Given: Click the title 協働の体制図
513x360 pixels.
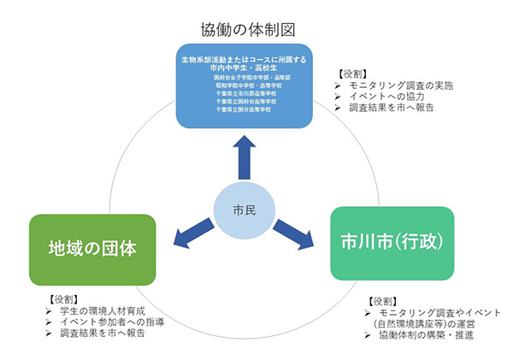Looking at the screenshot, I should click(250, 28).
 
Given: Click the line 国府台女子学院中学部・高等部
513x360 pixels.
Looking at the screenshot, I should click(246, 77).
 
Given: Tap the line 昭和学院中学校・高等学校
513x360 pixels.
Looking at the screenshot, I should click(246, 86).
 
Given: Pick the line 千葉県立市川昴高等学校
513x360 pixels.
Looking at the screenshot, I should click(246, 93).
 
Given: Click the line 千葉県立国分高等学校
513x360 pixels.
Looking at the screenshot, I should click(246, 110).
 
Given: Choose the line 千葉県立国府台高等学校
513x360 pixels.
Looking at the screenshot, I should click(246, 102).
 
